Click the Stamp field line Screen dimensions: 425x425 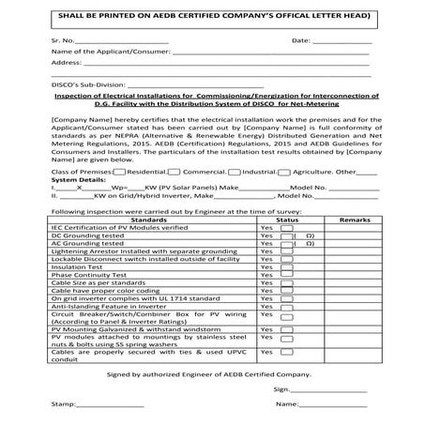[x=112, y=406]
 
